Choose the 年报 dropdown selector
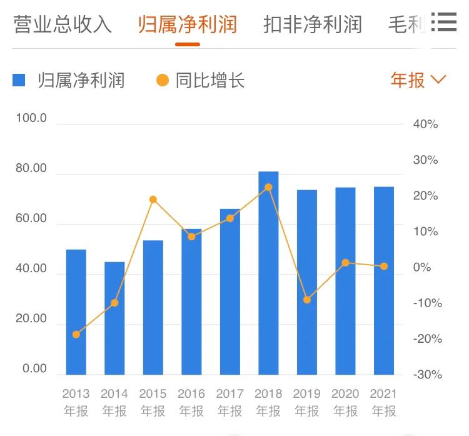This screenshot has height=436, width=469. coord(418,80)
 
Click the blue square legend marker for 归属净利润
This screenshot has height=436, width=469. coord(19,80)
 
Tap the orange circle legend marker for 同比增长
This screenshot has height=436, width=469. coord(163,80)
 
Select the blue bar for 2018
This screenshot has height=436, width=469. coord(268,273)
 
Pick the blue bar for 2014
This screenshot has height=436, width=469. coord(114,318)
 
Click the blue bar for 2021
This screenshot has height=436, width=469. coord(384,280)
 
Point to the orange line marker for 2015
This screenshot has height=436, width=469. coord(153,200)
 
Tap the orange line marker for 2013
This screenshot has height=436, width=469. coord(76,334)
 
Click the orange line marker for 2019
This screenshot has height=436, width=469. coord(307,300)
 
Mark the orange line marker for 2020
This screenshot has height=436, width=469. coord(345,263)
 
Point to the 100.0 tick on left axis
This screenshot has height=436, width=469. coord(31,118)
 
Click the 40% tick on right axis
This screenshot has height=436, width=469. coord(425,124)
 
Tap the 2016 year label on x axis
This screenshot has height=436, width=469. coord(191,394)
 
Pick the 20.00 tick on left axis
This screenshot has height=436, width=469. coord(31,318)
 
